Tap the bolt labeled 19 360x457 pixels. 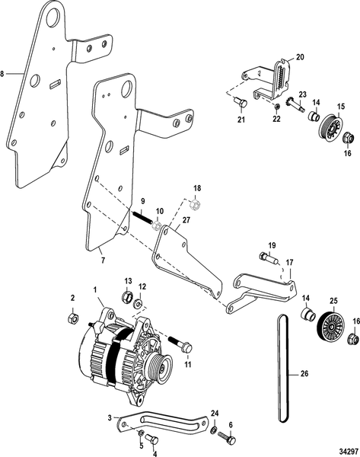pos(269,261)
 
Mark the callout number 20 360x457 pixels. pos(299,57)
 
